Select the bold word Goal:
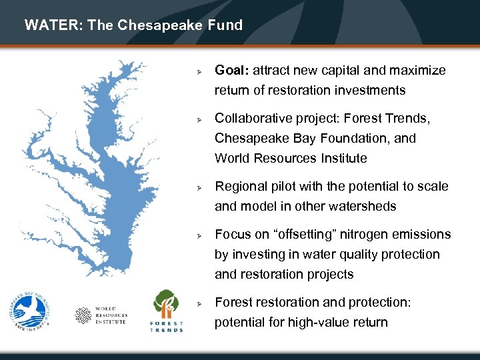click(231, 71)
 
